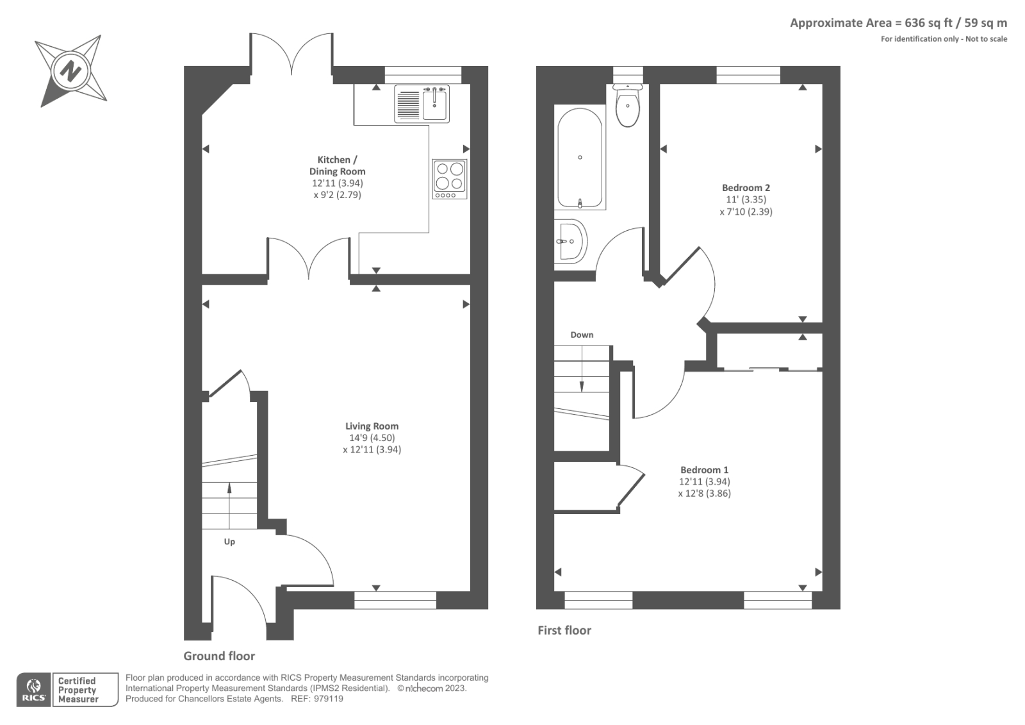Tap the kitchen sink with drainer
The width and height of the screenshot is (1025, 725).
(422, 103)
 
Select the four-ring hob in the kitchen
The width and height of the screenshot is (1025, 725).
(449, 179)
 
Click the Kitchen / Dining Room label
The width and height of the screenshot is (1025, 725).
(338, 165)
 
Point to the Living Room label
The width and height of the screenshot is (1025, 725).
(372, 426)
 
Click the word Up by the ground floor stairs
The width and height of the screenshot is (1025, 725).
(229, 542)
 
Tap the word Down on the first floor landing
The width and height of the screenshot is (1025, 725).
(582, 335)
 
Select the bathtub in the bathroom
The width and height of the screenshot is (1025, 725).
(580, 158)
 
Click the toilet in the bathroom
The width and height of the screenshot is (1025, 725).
(627, 107)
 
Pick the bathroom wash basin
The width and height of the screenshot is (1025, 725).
(569, 241)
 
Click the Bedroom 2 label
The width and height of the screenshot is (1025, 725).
(746, 188)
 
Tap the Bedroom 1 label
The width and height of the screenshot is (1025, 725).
(704, 470)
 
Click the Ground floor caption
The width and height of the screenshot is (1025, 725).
(219, 656)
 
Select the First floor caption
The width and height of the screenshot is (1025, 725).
(564, 630)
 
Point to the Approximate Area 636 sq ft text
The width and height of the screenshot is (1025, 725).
(898, 23)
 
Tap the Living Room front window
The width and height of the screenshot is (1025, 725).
(395, 600)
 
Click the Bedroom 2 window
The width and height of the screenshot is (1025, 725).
(748, 75)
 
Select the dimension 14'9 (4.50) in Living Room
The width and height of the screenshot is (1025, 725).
(372, 438)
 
